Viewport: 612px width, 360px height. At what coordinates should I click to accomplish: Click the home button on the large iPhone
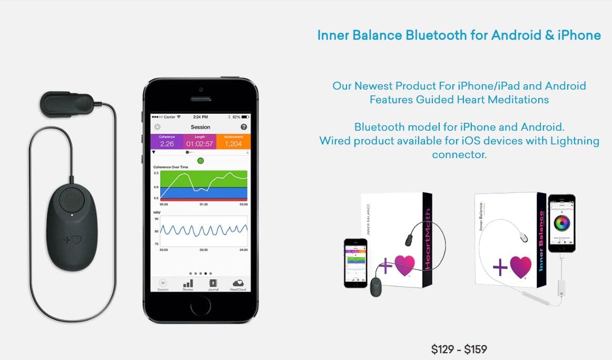coord(200,306)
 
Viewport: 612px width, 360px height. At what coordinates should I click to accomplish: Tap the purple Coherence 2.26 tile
coord(167,141)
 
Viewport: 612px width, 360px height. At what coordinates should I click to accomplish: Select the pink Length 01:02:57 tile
coord(200,141)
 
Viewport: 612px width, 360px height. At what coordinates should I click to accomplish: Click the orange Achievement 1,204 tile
coord(233,141)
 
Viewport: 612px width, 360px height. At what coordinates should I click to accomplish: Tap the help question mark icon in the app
coord(244,127)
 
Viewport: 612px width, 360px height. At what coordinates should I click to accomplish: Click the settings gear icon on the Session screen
coord(157,127)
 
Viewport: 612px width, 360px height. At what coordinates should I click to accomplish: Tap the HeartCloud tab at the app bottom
coord(238,285)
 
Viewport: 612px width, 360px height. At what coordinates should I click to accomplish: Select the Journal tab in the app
coord(213,285)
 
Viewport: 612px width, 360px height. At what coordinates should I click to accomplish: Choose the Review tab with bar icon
coord(187,285)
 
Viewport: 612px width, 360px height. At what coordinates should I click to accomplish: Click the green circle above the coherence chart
coord(200,161)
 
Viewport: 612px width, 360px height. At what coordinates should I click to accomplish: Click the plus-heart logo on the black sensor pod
coord(73,240)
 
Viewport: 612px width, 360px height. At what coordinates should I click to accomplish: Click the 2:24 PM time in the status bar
coord(200,116)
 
